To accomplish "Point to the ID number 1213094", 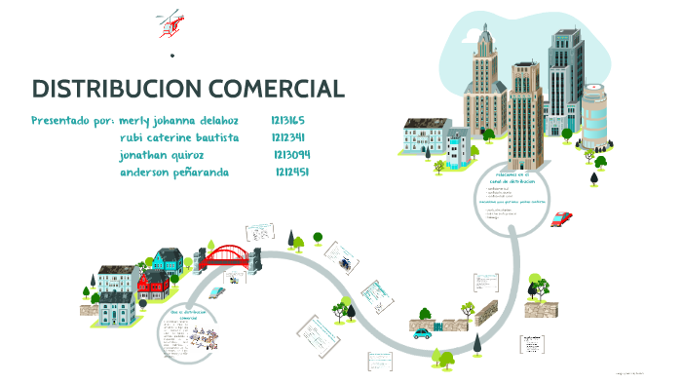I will click(x=291, y=155).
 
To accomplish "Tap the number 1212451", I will click(x=292, y=173).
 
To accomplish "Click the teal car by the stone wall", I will click(x=422, y=332).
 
